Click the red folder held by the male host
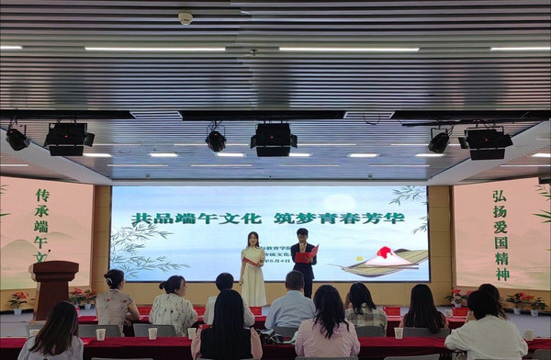[x=304, y=257]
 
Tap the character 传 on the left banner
[x=41, y=195]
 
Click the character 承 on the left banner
[x=41, y=210]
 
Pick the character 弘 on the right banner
[x=499, y=197]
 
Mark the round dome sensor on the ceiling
[x=186, y=17]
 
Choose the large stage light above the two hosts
[x=274, y=140]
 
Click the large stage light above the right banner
[x=486, y=142]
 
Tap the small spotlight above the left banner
[x=17, y=138]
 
